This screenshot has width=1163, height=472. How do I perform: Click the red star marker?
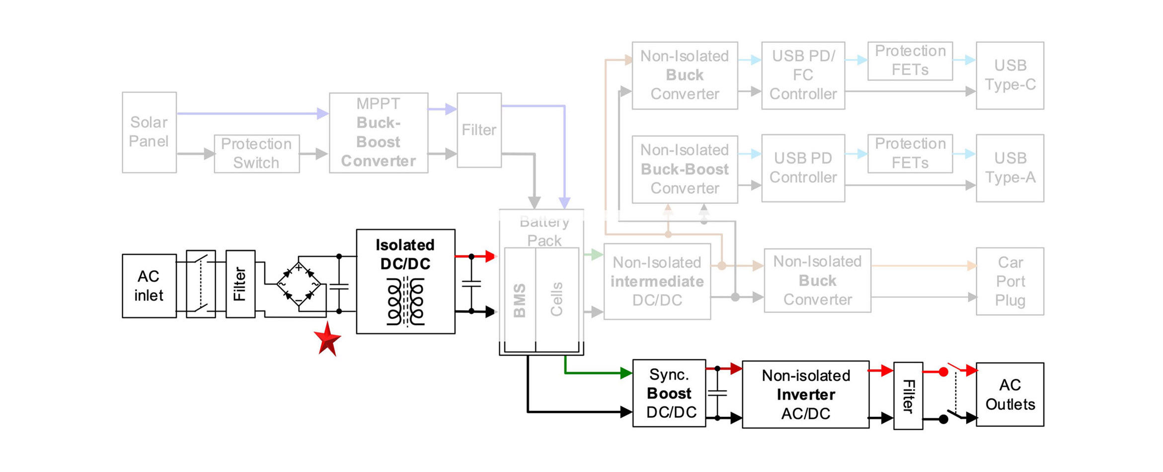[x=327, y=339]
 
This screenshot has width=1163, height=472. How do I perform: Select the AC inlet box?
[x=149, y=286]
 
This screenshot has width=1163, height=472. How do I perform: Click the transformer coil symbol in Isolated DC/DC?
[x=406, y=302]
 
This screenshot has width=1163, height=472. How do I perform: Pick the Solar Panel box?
[x=149, y=132]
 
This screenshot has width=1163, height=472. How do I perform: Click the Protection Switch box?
[x=256, y=154]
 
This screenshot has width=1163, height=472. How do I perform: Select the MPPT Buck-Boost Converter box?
[x=378, y=133]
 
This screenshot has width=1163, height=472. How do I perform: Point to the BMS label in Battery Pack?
[x=520, y=300]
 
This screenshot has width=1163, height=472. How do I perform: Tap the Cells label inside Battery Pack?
[x=556, y=299]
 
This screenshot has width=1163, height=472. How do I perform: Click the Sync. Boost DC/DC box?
[x=669, y=393]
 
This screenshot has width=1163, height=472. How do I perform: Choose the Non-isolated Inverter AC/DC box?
[x=805, y=394]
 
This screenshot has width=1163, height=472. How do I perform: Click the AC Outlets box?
[x=1009, y=394]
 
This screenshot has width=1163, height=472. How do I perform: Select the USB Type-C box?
[x=1009, y=75]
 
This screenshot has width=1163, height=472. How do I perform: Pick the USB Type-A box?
[x=1009, y=168]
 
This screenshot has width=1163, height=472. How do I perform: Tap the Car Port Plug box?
[x=1009, y=281]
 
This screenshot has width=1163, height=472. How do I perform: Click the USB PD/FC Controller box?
[x=803, y=75]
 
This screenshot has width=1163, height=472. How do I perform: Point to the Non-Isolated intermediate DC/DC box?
[x=657, y=281]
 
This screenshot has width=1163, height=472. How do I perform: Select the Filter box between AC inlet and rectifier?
[x=240, y=284]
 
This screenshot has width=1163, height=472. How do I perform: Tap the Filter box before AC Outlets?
[x=908, y=395]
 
